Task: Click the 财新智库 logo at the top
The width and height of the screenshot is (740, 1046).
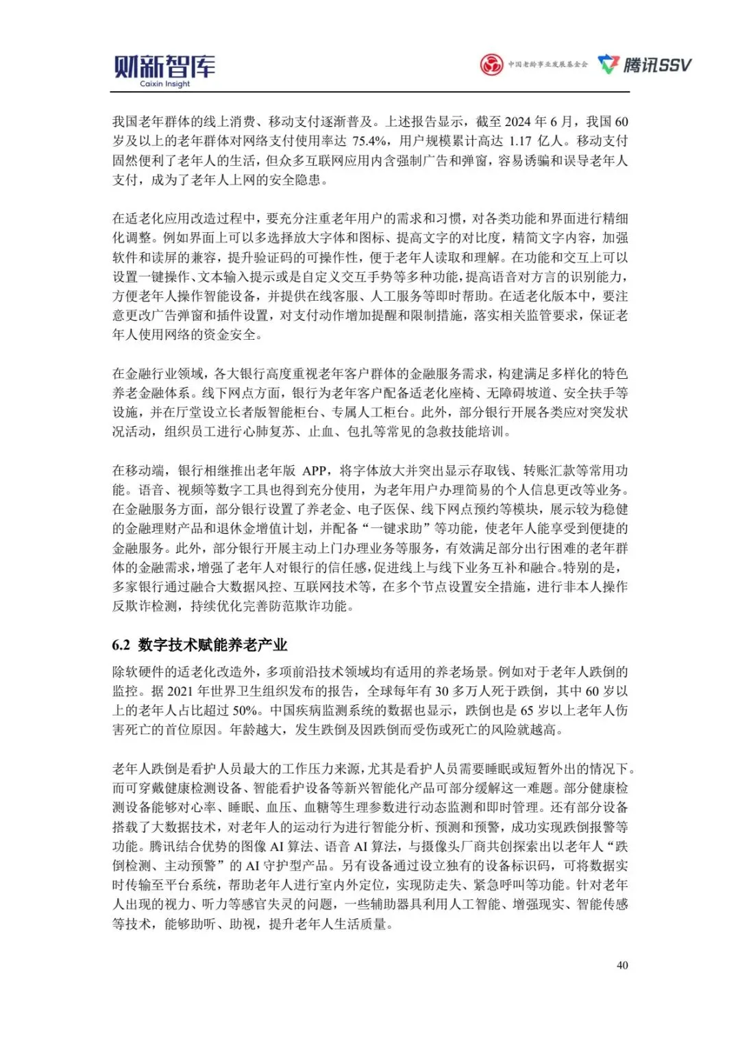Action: (164, 66)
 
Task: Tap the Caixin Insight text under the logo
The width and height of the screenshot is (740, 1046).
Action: (164, 84)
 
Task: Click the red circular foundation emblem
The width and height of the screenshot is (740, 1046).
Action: (491, 65)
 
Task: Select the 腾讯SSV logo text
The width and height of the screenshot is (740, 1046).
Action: (656, 65)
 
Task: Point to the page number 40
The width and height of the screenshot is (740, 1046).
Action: (622, 965)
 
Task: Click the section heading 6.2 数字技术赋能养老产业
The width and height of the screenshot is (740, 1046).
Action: (199, 645)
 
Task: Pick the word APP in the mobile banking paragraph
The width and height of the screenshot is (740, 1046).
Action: (314, 471)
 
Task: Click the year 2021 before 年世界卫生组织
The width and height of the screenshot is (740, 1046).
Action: (181, 691)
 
